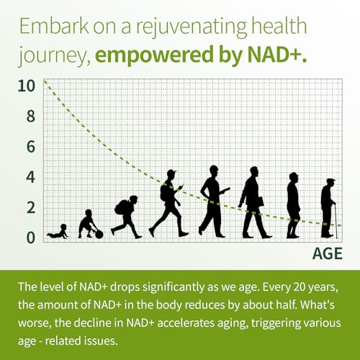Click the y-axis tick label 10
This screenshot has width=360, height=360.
[27, 86]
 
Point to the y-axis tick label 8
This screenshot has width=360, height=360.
[30, 116]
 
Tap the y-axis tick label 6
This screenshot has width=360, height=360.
[30, 147]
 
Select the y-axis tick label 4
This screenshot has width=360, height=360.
[30, 177]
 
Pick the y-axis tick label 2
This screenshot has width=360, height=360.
[30, 207]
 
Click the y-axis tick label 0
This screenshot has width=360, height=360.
[30, 238]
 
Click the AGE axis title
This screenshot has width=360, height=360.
[328, 253]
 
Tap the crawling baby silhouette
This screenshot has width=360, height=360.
[58, 232]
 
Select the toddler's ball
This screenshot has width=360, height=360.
[99, 235]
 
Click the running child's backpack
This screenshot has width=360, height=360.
[122, 207]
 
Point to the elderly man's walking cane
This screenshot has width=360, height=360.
[336, 221]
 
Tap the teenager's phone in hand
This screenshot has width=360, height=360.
[181, 186]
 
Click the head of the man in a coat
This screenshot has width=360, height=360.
[254, 172]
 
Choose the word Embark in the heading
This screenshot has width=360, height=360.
[54, 26]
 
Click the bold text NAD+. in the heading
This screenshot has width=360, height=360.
[277, 55]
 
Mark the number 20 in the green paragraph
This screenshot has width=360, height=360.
[300, 287]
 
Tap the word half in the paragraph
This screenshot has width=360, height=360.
[286, 305]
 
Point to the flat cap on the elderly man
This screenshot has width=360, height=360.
[330, 181]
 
